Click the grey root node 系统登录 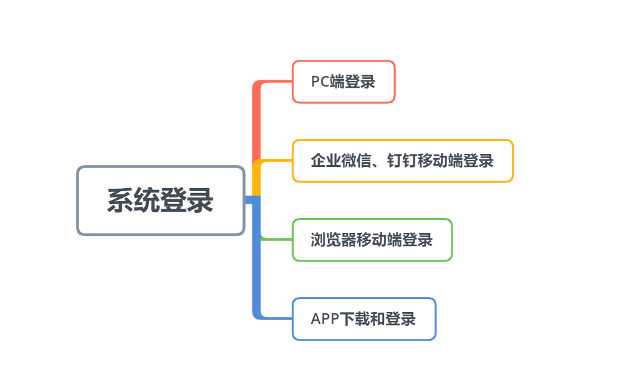tap(161, 201)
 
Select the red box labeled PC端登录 tap(343, 82)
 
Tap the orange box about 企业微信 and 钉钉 tap(403, 161)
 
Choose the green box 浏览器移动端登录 tap(372, 240)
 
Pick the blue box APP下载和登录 tap(364, 319)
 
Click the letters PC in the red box tap(320, 82)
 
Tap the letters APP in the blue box tap(325, 319)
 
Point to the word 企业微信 tap(340, 161)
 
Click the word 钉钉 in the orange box tap(402, 161)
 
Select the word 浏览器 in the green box tap(334, 240)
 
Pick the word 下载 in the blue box tap(355, 319)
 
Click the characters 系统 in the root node tap(133, 201)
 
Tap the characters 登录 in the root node tap(186, 201)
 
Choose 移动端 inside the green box tap(379, 240)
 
